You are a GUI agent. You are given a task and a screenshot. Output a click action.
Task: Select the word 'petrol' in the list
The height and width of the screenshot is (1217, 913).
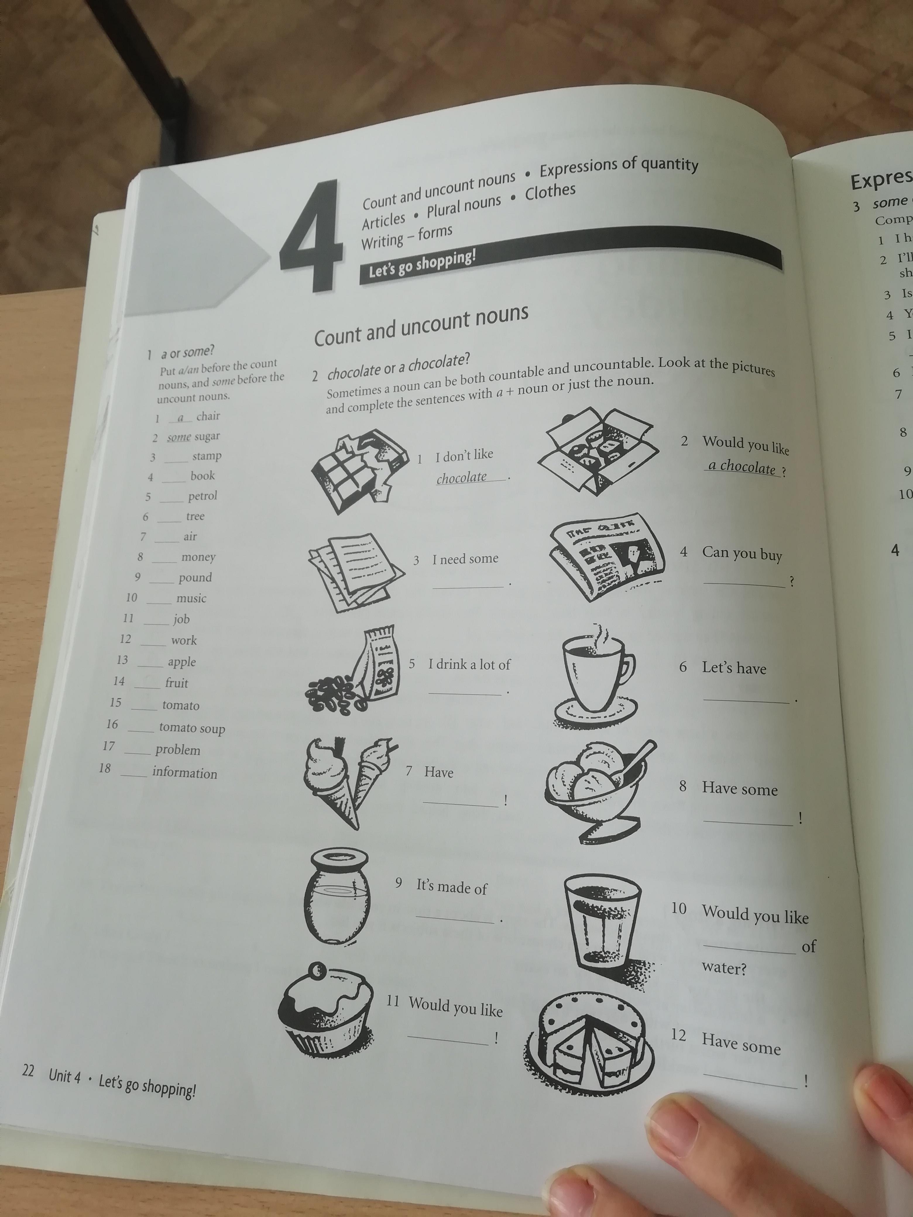coord(202,496)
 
